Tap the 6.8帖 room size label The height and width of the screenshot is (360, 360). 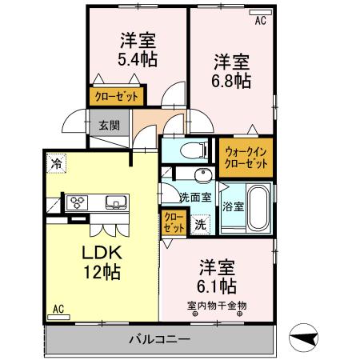pyautogui.click(x=232, y=80)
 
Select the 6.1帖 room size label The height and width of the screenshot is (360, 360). pyautogui.click(x=216, y=285)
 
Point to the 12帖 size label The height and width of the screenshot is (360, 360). pyautogui.click(x=102, y=272)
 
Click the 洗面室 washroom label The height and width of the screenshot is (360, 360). pyautogui.click(x=194, y=198)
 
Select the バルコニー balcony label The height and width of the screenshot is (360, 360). pyautogui.click(x=160, y=340)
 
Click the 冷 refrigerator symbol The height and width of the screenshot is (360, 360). pyautogui.click(x=56, y=164)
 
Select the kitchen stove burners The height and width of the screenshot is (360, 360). pyautogui.click(x=80, y=202)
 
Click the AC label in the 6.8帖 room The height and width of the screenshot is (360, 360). pyautogui.click(x=260, y=22)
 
